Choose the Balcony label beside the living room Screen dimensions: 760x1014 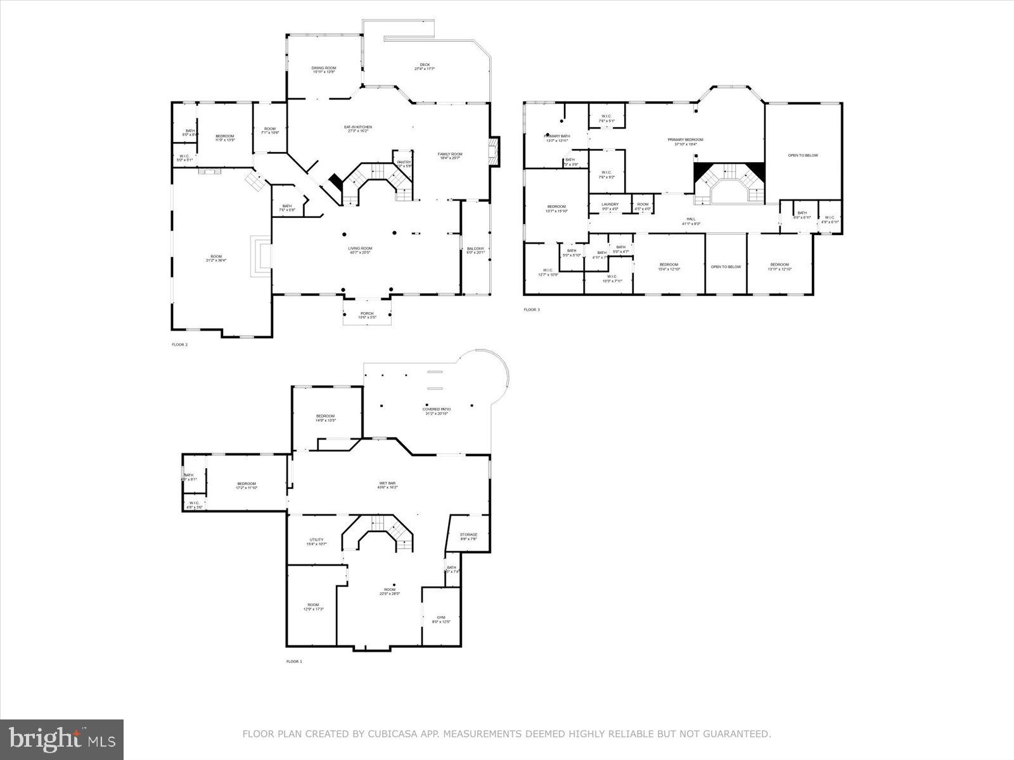tap(475, 250)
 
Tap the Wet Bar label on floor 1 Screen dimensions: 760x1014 tap(387, 485)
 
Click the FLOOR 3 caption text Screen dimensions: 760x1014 tap(532, 310)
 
